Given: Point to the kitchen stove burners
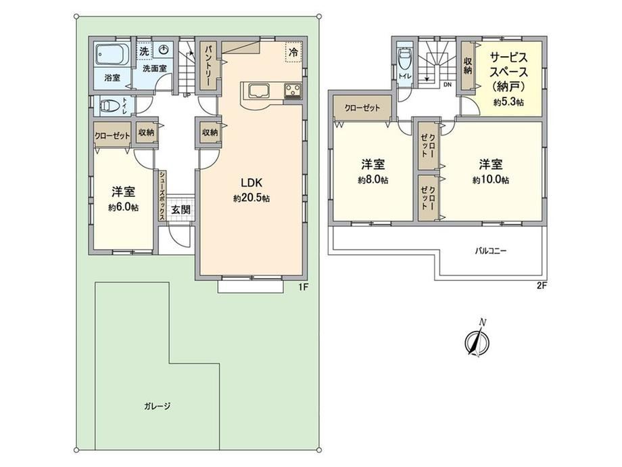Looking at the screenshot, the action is pyautogui.click(x=293, y=91).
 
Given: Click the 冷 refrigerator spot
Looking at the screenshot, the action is pyautogui.click(x=293, y=52).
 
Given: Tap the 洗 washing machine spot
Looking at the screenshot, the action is pyautogui.click(x=145, y=51).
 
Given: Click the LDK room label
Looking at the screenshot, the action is pyautogui.click(x=252, y=183).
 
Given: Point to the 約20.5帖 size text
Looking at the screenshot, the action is pyautogui.click(x=252, y=198).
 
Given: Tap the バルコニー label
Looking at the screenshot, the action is pyautogui.click(x=491, y=251).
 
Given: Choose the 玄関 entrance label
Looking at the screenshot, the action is pyautogui.click(x=181, y=210).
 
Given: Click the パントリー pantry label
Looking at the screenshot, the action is pyautogui.click(x=209, y=66).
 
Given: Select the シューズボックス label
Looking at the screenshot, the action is pyautogui.click(x=162, y=196).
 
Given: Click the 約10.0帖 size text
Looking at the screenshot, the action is pyautogui.click(x=491, y=180).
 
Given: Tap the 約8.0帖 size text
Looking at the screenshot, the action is pyautogui.click(x=373, y=180).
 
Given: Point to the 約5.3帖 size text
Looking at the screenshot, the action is pyautogui.click(x=508, y=102).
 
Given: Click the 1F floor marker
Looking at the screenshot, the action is pyautogui.click(x=303, y=287).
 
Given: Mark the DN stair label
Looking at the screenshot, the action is pyautogui.click(x=448, y=84).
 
